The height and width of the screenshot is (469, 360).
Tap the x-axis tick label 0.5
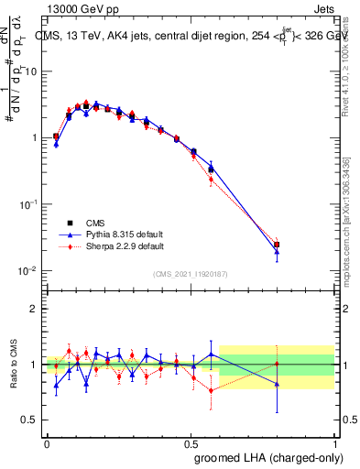click(x=191, y=442)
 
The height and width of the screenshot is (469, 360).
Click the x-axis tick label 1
click(x=338, y=442)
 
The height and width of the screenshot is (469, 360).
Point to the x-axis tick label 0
click(x=46, y=442)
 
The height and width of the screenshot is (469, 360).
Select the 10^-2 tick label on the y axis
click(x=30, y=271)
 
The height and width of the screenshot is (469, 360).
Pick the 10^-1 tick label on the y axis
click(x=30, y=204)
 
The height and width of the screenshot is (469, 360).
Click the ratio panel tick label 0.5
click(x=33, y=420)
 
